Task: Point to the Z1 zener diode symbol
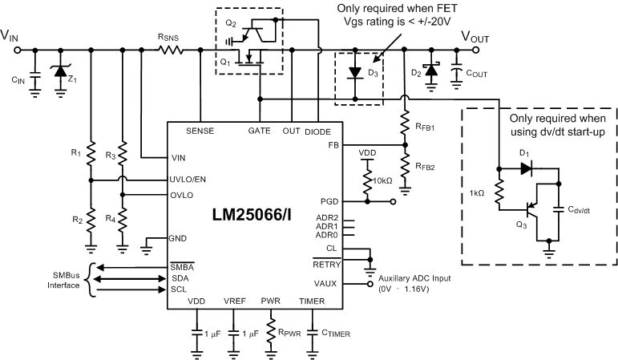tap(59, 71)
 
